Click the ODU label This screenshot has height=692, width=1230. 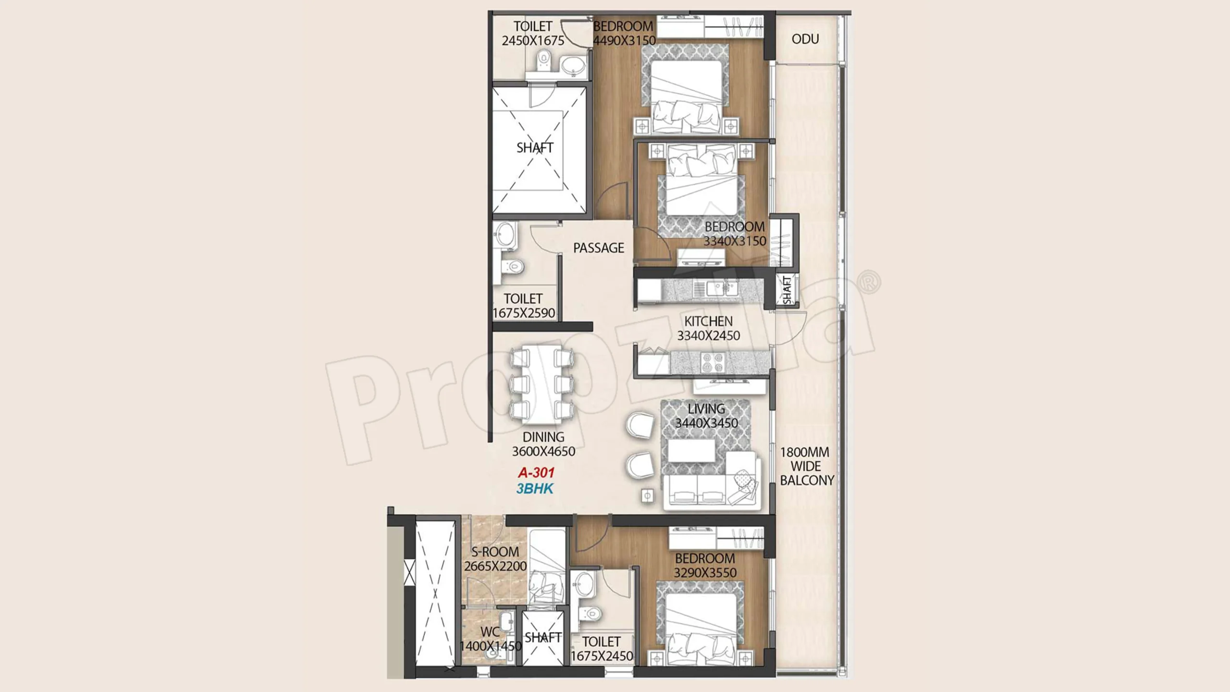[x=805, y=39]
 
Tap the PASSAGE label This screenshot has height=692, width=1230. [x=599, y=248]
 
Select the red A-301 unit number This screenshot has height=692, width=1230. [x=536, y=473]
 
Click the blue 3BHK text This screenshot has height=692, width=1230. [x=535, y=489]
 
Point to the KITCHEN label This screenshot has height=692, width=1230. [x=709, y=321]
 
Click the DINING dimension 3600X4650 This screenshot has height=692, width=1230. [x=543, y=452]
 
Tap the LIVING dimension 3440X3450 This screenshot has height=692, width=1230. [x=706, y=423]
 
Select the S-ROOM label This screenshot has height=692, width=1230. [x=495, y=552]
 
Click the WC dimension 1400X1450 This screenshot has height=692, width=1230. [x=491, y=646]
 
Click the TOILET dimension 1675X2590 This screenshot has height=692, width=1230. [x=524, y=313]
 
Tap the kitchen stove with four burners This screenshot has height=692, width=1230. [x=713, y=363]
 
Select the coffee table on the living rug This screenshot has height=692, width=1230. [x=692, y=451]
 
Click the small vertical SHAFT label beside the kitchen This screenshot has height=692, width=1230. [x=787, y=290]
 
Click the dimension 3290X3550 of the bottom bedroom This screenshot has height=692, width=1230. [x=705, y=573]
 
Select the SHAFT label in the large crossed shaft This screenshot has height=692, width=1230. [x=535, y=148]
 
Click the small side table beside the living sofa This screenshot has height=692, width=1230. [x=648, y=495]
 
